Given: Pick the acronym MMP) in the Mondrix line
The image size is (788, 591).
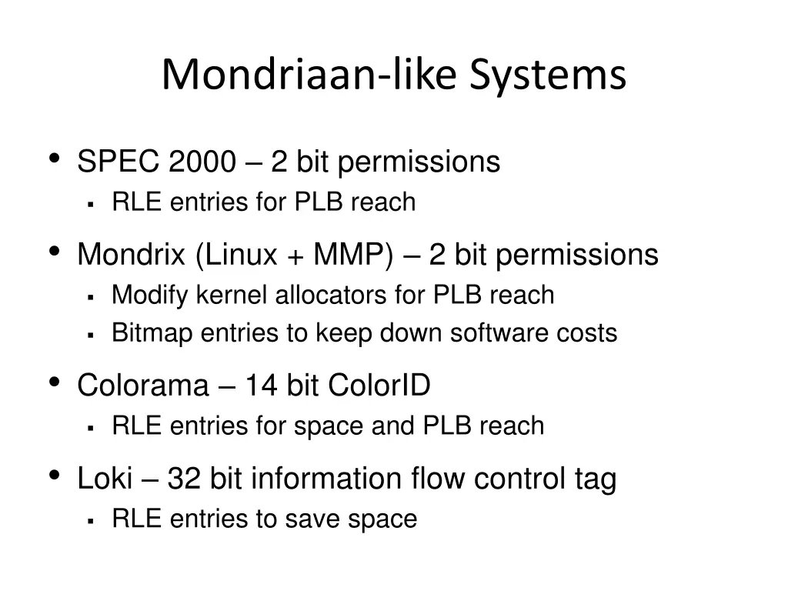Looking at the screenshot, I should pos(352,255).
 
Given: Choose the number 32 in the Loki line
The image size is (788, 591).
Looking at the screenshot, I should pos(184,479).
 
